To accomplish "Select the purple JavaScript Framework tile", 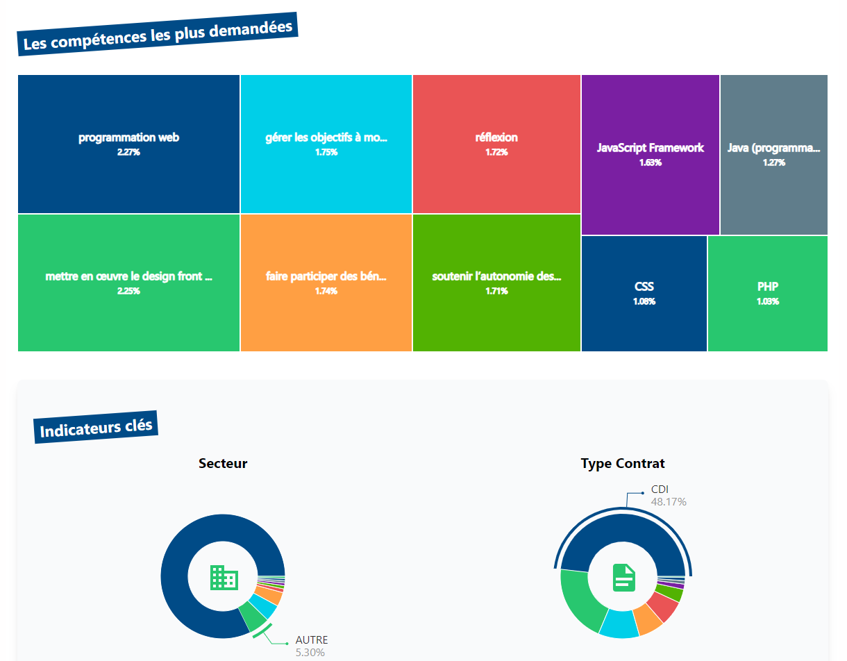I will tap(650, 154).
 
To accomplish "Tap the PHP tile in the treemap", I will tap(767, 293).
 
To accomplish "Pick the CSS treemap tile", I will tap(644, 293).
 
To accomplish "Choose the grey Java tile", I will tap(773, 154).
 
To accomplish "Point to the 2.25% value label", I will tap(128, 291).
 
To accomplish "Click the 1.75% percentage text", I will tap(326, 152).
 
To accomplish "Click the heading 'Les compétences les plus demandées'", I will tap(158, 34).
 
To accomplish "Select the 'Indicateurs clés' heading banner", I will tap(96, 428).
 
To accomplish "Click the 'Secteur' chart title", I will tap(223, 463).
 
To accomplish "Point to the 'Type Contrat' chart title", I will tap(623, 463).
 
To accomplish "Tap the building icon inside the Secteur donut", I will tap(224, 578).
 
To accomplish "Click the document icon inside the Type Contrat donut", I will tap(623, 578).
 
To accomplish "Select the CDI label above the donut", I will tap(660, 490).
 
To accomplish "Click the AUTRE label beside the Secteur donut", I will tap(312, 639).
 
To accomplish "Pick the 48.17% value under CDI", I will tap(669, 502).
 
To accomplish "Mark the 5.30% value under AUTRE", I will tap(310, 652).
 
